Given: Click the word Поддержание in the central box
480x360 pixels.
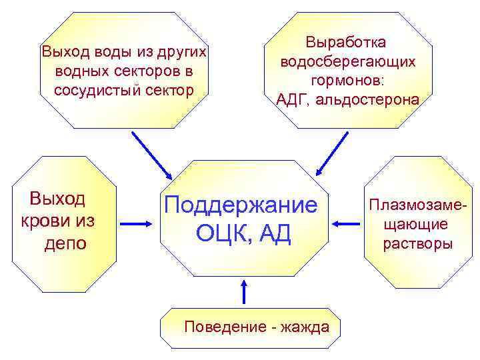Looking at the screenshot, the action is click(241, 205).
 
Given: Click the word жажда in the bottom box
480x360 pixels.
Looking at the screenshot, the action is click(305, 327).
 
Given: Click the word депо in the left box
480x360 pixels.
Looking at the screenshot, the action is click(65, 243).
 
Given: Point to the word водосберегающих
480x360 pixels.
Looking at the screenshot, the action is click(348, 61).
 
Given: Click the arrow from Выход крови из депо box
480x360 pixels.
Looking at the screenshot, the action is click(139, 223).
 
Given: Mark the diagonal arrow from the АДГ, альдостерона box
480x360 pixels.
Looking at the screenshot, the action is click(331, 153).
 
